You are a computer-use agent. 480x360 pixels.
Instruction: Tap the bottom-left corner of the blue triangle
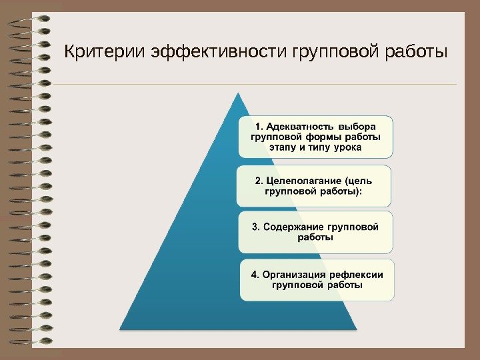tap(120, 329)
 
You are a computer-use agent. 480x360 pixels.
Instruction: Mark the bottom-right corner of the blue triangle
tap(357, 329)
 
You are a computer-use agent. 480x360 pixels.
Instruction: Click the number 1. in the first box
tap(261, 125)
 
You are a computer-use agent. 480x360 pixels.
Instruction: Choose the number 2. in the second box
tap(259, 181)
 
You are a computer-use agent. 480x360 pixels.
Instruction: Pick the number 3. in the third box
tap(256, 227)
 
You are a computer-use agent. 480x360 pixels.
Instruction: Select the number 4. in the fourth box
tap(255, 274)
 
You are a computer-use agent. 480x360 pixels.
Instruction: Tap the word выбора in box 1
tap(357, 125)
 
